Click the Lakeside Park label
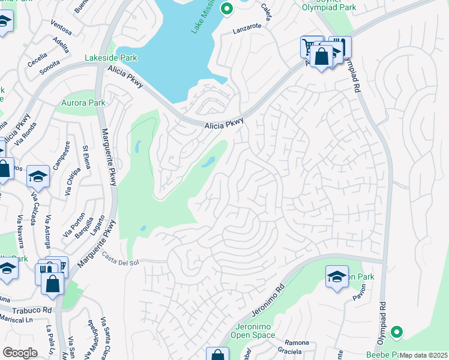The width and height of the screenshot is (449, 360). tap(119, 58)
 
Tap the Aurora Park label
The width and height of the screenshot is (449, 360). tap(83, 103)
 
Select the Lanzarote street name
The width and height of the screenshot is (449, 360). tap(248, 28)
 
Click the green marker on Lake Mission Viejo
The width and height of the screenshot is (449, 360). tap(226, 8)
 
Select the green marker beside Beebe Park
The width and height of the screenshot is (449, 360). tap(396, 331)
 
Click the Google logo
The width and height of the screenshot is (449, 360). tap(20, 352)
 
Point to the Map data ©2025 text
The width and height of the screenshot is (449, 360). tap(424, 355)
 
